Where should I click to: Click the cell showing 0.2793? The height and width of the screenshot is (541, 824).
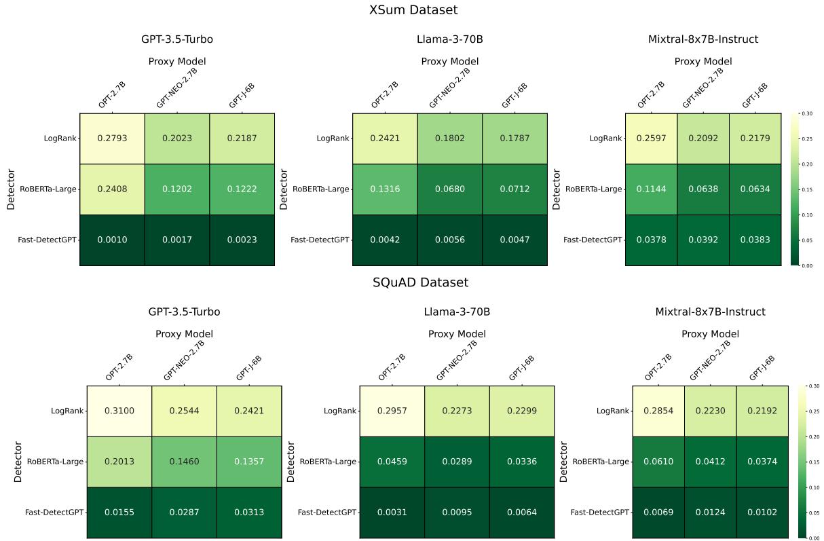pos(112,138)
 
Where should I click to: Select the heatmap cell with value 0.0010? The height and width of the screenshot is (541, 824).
pos(112,240)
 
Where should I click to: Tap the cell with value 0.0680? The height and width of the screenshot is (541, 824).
pos(449,189)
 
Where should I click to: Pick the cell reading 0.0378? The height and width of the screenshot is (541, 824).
pos(650,240)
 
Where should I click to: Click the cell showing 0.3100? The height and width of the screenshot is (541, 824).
pos(119,411)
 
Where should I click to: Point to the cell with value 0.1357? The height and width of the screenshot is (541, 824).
pos(249,462)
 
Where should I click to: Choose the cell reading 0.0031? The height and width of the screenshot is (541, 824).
pos(392,512)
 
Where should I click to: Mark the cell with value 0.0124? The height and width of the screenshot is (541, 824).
pos(710,512)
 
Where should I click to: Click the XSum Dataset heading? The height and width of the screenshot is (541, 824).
pos(413,10)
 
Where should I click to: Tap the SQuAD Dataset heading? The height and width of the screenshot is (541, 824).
pos(420,282)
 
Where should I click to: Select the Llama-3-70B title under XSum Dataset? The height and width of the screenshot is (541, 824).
pos(449,39)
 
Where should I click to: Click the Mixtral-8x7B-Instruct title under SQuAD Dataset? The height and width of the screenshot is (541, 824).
pos(710,312)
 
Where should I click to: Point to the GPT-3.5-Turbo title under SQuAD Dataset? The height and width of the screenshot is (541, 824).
pos(184,312)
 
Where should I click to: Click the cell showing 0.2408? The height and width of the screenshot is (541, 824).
pos(112,189)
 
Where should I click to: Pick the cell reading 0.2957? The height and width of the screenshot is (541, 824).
pos(392,411)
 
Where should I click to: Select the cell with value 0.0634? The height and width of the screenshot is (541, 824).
pos(755,189)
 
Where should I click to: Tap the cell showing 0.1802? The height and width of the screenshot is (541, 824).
pos(449,138)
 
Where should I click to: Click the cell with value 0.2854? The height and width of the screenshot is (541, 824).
pos(658,411)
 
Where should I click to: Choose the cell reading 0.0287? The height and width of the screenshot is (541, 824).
pos(184,512)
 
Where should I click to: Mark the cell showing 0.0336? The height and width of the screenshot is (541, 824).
pos(522,462)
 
